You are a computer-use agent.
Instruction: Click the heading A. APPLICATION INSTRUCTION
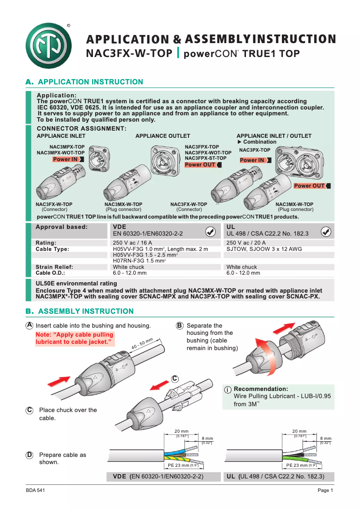click(85, 82)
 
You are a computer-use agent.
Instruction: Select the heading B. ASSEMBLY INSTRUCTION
click(80, 312)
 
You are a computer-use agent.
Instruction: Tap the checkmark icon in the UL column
click(326, 232)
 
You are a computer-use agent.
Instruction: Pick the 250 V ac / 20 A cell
click(246, 243)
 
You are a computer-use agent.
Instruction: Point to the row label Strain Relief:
click(54, 267)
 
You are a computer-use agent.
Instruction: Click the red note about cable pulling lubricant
click(75, 338)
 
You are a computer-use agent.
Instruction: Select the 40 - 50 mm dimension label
click(142, 344)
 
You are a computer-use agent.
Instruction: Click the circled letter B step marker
click(179, 325)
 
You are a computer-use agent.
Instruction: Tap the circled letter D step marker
click(29, 455)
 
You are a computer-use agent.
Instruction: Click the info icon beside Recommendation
click(228, 390)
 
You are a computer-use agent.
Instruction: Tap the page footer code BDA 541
click(35, 491)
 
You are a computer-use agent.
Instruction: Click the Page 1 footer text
click(325, 491)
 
